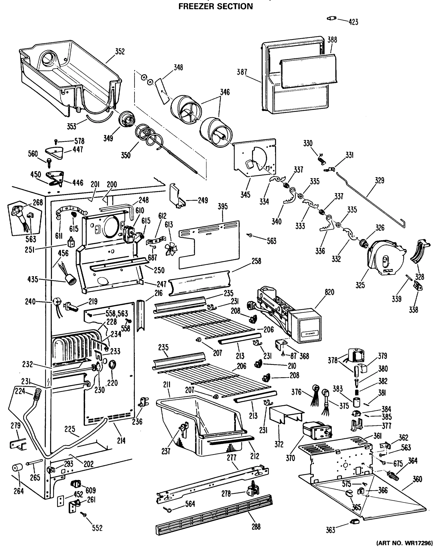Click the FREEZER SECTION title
pyautogui.click(x=216, y=6)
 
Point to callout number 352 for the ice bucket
pyautogui.click(x=120, y=52)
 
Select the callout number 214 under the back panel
pyautogui.click(x=121, y=441)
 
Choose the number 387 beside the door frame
pyautogui.click(x=242, y=72)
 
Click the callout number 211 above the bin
pyautogui.click(x=167, y=385)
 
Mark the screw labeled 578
pyautogui.click(x=56, y=141)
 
